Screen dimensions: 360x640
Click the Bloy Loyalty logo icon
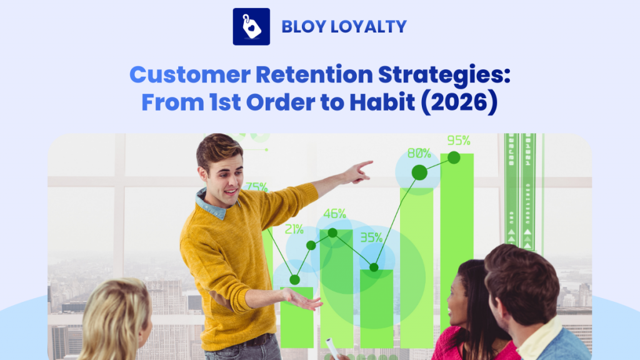click(x=251, y=26)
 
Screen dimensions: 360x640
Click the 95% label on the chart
click(x=458, y=140)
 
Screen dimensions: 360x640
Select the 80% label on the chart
click(x=419, y=153)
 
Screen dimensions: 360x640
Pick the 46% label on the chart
click(x=334, y=214)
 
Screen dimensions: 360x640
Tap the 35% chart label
click(x=371, y=237)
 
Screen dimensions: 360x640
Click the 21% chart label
click(x=294, y=229)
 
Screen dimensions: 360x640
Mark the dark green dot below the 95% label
click(x=454, y=157)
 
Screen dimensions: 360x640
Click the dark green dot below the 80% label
click(x=419, y=172)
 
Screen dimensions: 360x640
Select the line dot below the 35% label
click(x=374, y=267)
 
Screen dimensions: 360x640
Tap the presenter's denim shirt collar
click(x=209, y=204)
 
